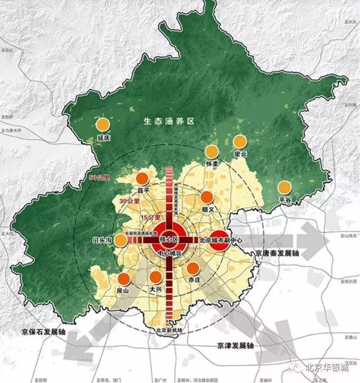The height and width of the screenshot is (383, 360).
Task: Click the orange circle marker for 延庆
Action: pos(103,124)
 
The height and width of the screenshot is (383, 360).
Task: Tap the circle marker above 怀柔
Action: pos(212,152)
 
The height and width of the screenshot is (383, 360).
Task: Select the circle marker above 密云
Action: pos(240,141)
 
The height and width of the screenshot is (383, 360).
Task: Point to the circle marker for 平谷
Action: pos(285,187)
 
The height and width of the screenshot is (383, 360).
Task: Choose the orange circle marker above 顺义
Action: pos(207,197)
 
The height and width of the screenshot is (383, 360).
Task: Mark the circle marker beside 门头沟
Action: pos(121,240)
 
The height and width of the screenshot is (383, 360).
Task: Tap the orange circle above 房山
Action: pos(124,279)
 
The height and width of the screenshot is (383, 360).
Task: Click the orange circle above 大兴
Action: pos(155,276)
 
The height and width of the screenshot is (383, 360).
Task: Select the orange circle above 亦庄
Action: pos(193,268)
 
